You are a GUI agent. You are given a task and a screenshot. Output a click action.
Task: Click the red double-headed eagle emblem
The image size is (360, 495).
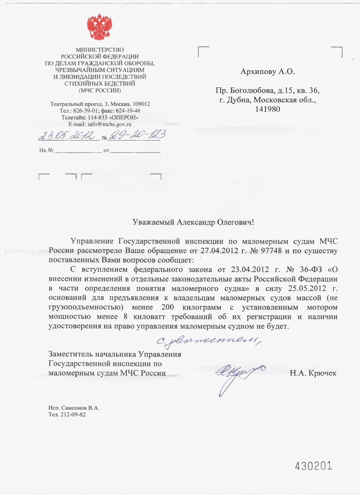100,27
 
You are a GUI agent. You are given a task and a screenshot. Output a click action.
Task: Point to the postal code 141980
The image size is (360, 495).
267,110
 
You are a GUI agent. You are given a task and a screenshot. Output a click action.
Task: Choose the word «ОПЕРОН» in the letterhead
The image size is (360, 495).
126,117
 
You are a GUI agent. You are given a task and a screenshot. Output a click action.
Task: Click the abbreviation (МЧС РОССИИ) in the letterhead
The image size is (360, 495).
100,90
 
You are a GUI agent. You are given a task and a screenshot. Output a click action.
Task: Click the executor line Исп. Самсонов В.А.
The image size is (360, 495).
74,408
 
